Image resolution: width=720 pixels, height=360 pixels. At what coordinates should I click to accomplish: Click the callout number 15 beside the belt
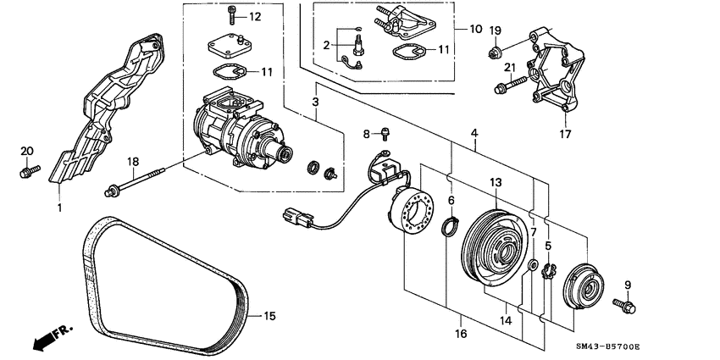click(x=269, y=317)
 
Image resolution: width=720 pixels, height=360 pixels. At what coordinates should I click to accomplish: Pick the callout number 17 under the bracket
click(x=565, y=134)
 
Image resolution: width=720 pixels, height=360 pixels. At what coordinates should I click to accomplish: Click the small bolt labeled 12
click(x=231, y=14)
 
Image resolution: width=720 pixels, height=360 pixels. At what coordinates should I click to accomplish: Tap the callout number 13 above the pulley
click(x=496, y=182)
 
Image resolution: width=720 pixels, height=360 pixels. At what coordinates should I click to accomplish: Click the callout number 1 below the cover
click(x=60, y=207)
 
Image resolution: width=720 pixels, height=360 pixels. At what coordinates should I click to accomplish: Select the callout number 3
click(x=315, y=102)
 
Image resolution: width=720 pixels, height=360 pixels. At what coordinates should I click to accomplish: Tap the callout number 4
click(x=475, y=133)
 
